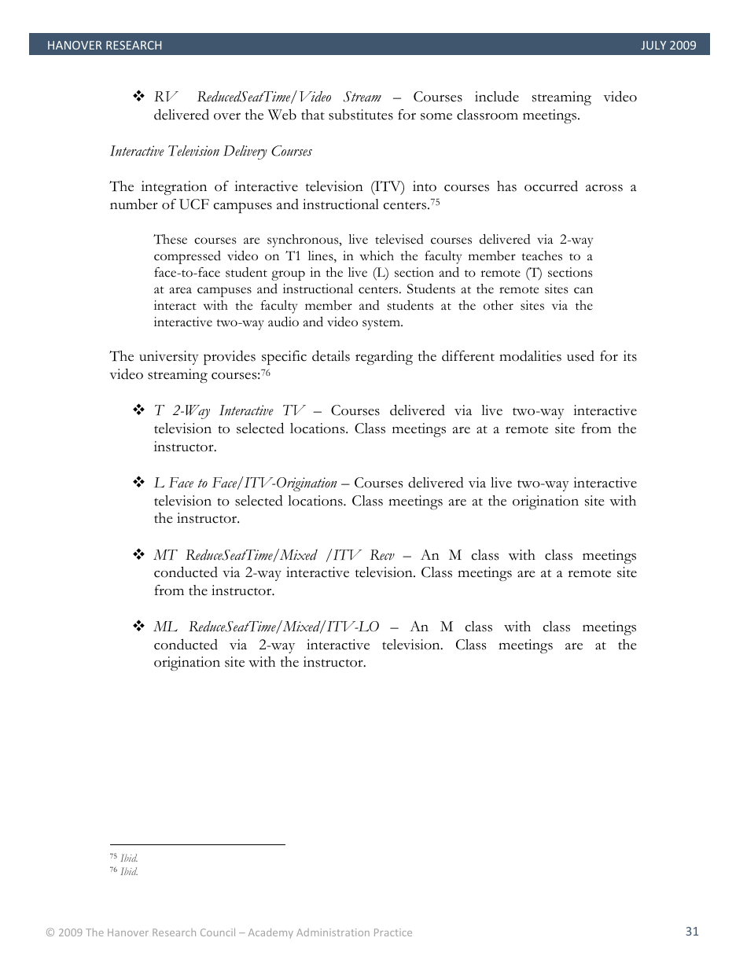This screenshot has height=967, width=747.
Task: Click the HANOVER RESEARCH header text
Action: pos(105,46)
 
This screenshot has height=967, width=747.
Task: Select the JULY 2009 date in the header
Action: pos(668,46)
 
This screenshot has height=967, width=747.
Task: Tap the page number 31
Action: pos(692,932)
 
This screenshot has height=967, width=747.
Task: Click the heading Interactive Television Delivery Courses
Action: pos(211,151)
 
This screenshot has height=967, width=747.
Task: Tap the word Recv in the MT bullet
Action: pos(382,555)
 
